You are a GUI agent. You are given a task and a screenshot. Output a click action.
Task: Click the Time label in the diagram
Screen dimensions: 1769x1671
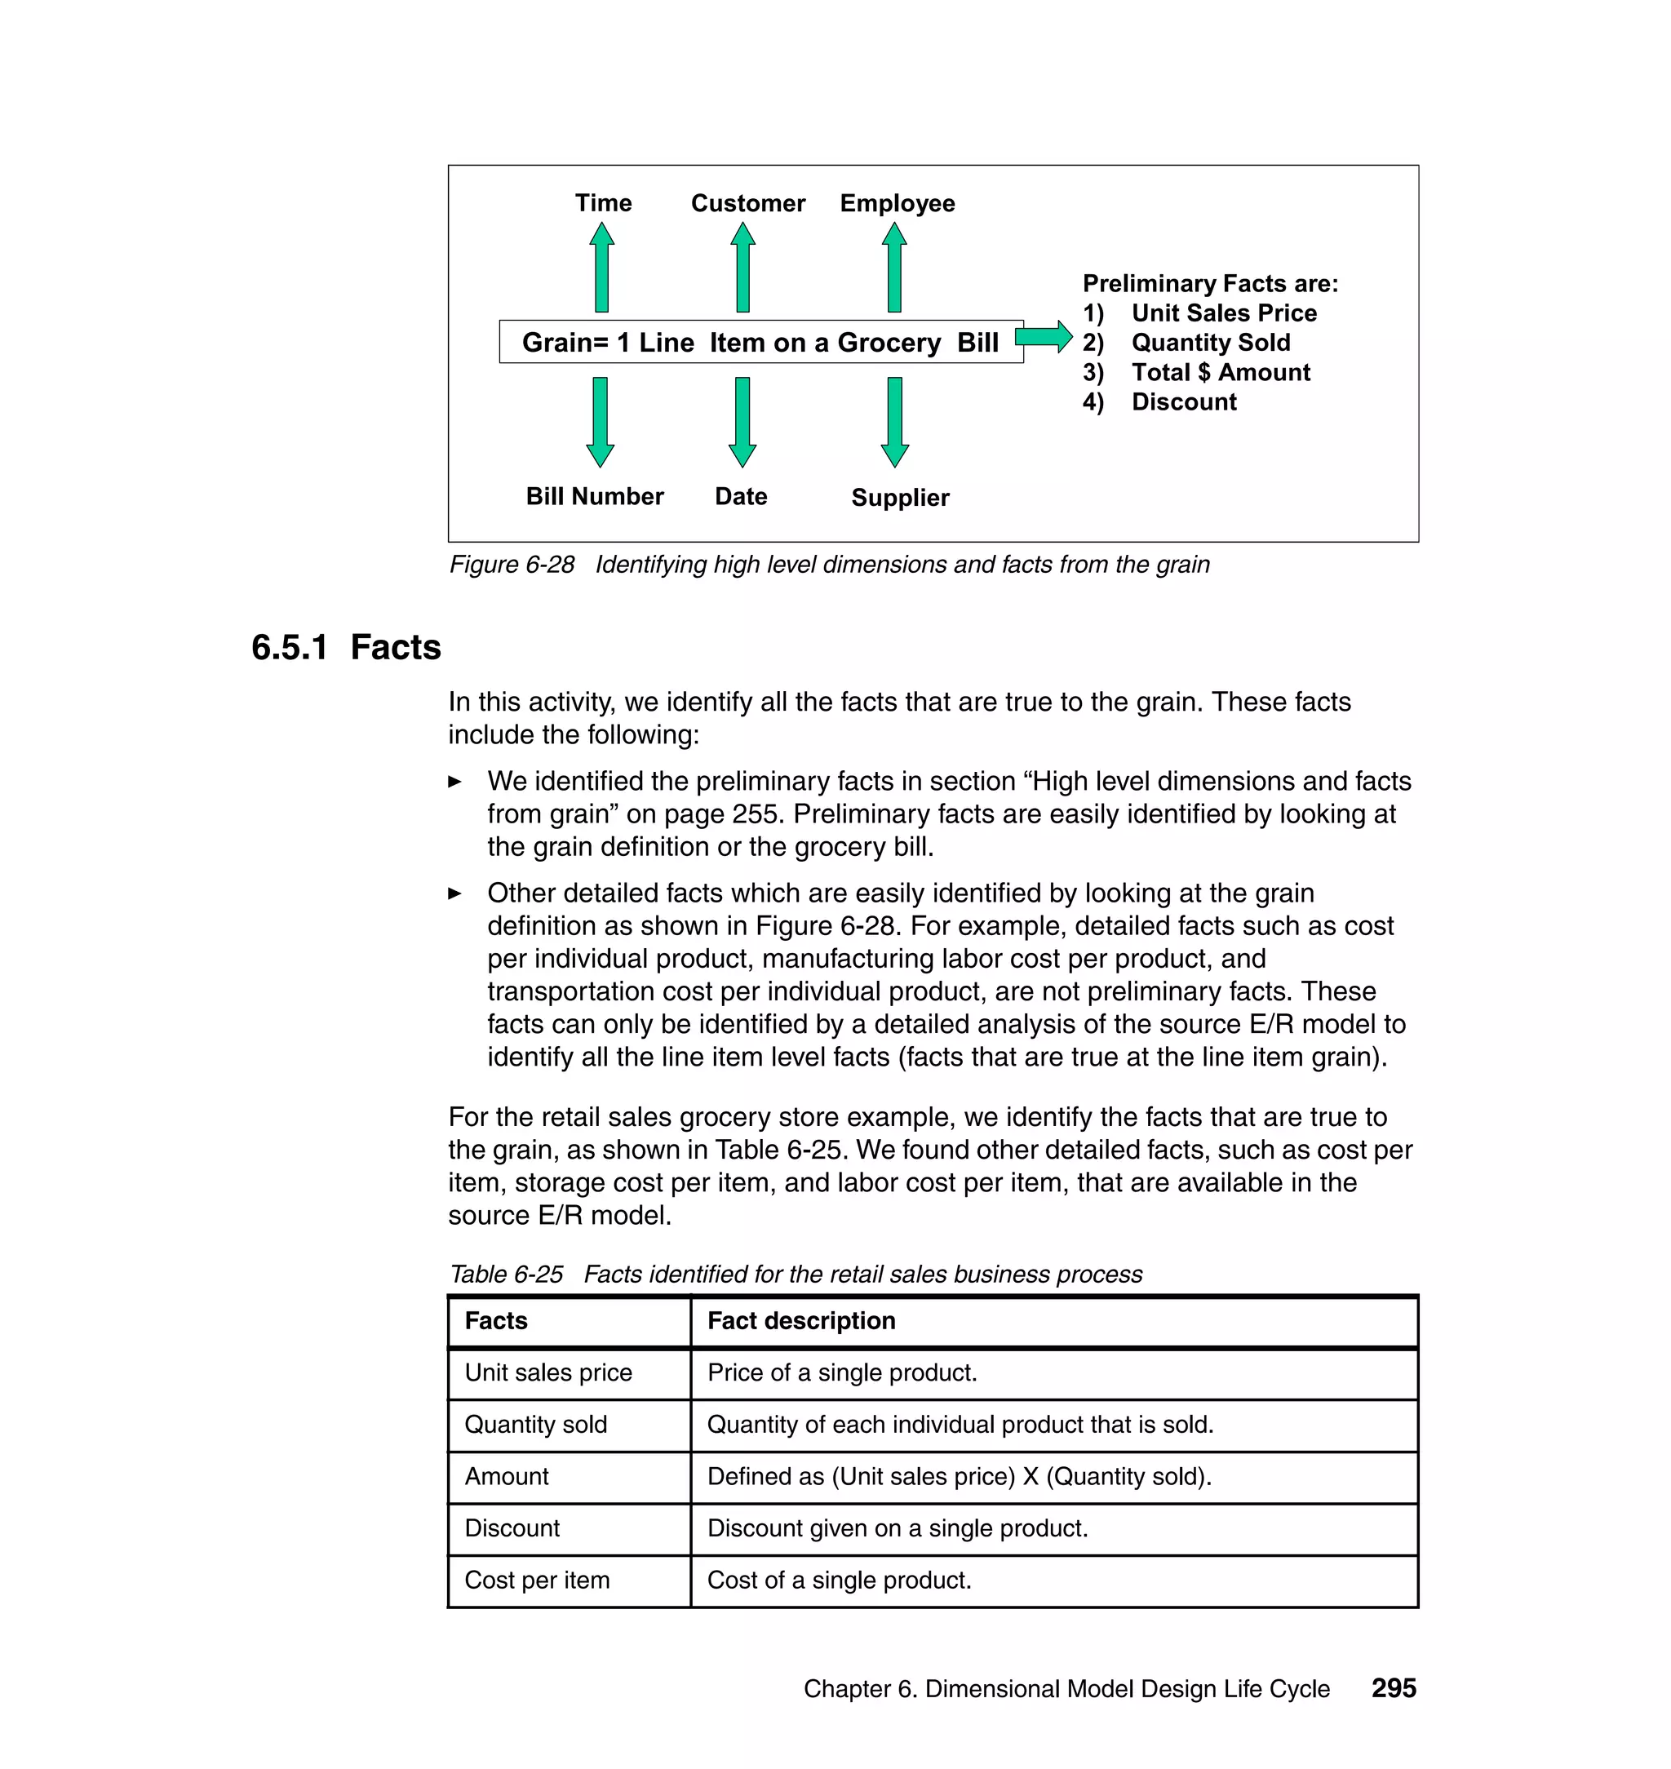(603, 203)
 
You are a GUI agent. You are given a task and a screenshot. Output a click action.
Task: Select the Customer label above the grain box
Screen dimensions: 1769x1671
(747, 203)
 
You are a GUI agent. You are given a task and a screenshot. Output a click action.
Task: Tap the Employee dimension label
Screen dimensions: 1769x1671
(897, 203)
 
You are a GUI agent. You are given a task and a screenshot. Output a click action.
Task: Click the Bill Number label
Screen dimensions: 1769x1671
(594, 496)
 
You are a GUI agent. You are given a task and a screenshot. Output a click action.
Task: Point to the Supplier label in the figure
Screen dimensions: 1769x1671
(900, 497)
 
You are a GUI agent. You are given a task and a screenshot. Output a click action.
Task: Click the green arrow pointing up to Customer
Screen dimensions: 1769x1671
(742, 267)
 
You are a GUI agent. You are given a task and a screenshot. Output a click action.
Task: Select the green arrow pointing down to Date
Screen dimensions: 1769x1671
(742, 421)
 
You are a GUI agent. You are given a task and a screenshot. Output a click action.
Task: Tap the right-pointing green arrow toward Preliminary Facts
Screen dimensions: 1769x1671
(1043, 337)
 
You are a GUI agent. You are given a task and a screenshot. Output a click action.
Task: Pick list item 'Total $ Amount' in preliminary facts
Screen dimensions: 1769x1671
(1220, 372)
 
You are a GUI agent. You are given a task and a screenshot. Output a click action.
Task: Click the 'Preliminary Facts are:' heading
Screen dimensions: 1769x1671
(1210, 283)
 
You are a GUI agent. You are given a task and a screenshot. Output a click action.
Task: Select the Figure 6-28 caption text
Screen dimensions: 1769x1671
(828, 565)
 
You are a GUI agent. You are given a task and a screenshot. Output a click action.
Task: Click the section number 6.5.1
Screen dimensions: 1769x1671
(290, 647)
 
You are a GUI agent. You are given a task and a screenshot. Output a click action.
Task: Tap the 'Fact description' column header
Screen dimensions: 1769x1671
(800, 1320)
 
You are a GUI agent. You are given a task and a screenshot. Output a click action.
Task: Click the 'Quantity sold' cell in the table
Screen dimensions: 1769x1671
(535, 1425)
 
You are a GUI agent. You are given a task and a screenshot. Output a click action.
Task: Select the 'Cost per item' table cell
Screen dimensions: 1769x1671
(537, 1581)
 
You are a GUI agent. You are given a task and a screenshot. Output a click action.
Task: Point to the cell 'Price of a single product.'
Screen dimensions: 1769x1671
(842, 1372)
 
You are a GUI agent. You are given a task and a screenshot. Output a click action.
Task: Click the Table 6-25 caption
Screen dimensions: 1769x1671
(795, 1274)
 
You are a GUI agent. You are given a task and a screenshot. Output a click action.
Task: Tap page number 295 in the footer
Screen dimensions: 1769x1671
(1393, 1688)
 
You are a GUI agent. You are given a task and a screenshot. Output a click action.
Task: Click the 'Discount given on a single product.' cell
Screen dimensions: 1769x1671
(897, 1528)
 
